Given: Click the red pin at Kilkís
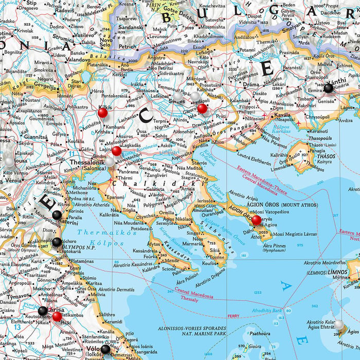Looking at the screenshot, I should pyautogui.click(x=102, y=112).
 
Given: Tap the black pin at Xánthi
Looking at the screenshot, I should pyautogui.click(x=328, y=88).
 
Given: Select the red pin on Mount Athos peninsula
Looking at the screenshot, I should pyautogui.click(x=256, y=220).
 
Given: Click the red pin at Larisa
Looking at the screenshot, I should pyautogui.click(x=57, y=316).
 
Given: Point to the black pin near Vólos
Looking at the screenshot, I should pyautogui.click(x=105, y=349).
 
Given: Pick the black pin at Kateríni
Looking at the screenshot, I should pyautogui.click(x=57, y=215).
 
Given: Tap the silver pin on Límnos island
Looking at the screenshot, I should pyautogui.click(x=339, y=324).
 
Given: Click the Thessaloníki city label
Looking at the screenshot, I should pyautogui.click(x=85, y=160).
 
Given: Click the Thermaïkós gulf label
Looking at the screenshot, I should pyautogui.click(x=100, y=232).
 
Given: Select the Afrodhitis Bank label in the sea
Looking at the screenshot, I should pyautogui.click(x=267, y=311).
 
